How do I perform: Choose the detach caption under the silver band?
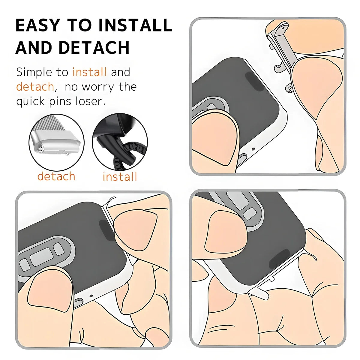[56, 176]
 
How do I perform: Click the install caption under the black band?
[120, 176]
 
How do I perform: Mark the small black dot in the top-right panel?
[253, 149]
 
